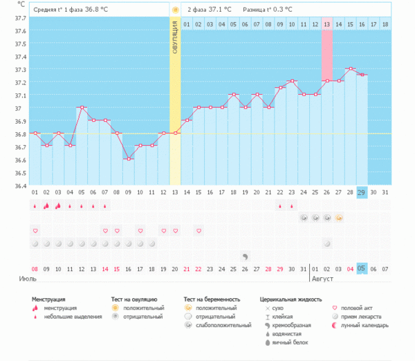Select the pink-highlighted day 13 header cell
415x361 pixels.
click(x=326, y=24)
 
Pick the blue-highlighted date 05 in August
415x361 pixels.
click(x=362, y=268)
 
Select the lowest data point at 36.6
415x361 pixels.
click(x=128, y=159)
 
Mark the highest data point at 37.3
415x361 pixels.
click(x=351, y=69)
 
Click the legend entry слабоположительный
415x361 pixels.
click(x=222, y=325)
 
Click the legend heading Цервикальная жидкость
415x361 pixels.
click(x=291, y=299)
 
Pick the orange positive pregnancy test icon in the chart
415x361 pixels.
click(x=339, y=217)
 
